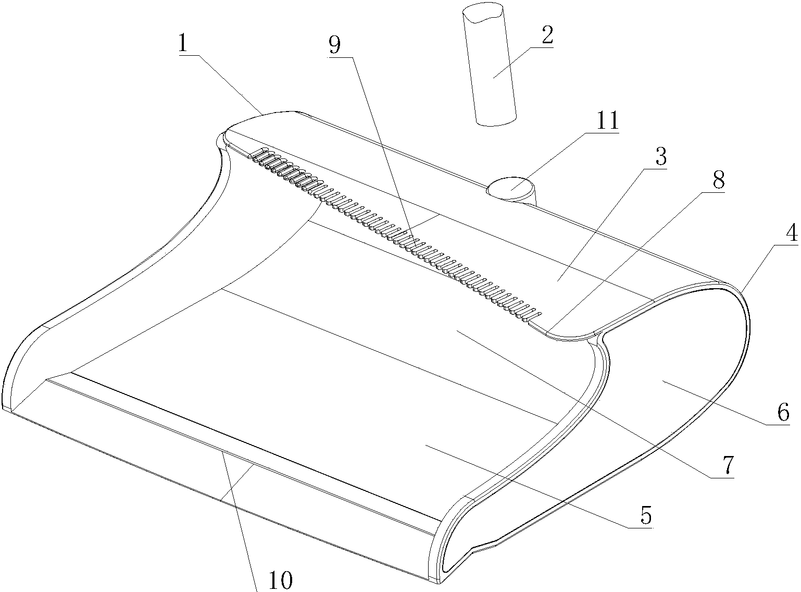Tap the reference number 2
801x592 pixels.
547,35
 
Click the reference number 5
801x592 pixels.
646,515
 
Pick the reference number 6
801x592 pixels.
783,412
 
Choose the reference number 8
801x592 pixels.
718,180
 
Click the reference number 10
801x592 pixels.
281,580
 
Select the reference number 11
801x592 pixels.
607,120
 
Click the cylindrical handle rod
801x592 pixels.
489,65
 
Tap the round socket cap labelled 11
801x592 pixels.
510,188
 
